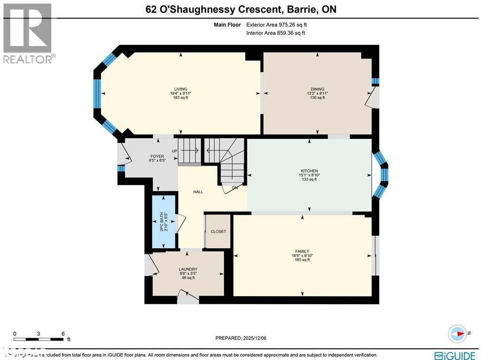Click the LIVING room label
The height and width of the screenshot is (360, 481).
pos(181,89)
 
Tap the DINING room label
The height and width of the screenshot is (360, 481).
pos(317,89)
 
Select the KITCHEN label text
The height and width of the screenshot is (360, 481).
pos(310,171)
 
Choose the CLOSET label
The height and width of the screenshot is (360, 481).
pos(218,232)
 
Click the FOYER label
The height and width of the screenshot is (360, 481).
pos(157,156)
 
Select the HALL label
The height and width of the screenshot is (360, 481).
pos(198,192)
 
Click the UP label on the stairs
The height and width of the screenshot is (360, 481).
pos(175,151)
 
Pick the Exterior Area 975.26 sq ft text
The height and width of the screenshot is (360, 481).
pos(277,25)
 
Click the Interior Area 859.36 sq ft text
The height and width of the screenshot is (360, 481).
pos(276,33)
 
